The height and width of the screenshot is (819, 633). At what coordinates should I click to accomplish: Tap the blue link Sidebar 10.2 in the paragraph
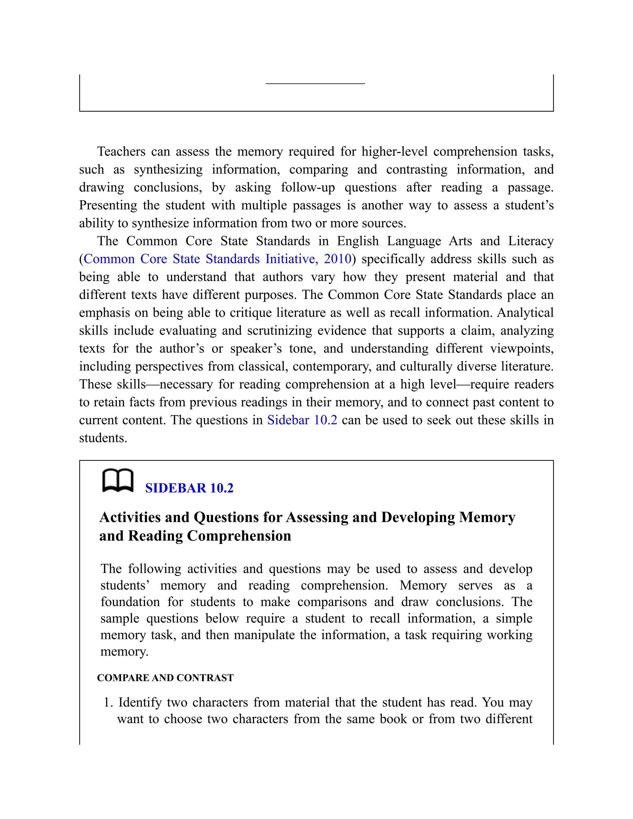pos(302,420)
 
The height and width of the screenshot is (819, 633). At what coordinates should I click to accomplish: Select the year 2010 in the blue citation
pos(338,259)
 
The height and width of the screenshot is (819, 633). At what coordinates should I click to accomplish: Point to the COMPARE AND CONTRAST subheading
pos(165,678)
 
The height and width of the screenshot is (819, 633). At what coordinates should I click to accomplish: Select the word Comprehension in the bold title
pos(239,536)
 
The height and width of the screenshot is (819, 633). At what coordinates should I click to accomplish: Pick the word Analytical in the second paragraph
pos(525,313)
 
